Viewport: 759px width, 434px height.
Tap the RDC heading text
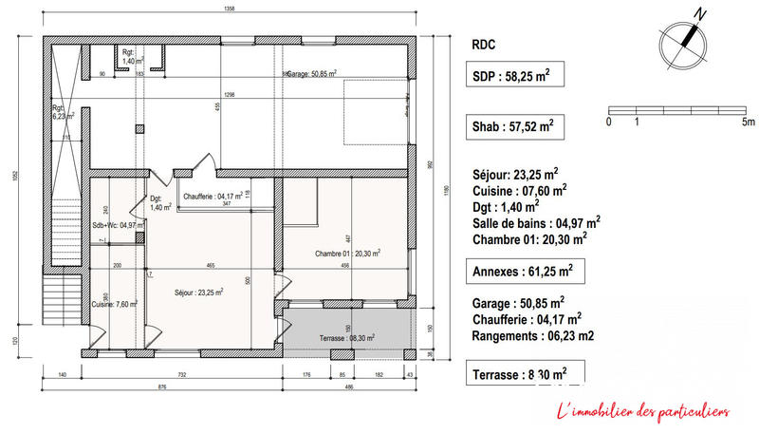(483, 44)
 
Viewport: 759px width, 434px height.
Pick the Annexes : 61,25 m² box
(523, 273)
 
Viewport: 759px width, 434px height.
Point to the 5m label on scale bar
(748, 123)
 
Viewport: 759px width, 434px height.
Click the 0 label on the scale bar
(608, 123)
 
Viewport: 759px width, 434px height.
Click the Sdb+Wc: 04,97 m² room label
(118, 225)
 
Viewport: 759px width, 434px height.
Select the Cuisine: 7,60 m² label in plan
(115, 305)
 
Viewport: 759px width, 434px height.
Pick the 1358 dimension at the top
(229, 9)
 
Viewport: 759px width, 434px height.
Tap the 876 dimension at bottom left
(162, 387)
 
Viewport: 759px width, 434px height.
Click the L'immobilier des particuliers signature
(641, 411)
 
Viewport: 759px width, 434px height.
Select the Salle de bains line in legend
(535, 221)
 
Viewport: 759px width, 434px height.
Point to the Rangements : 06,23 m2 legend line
(533, 336)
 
